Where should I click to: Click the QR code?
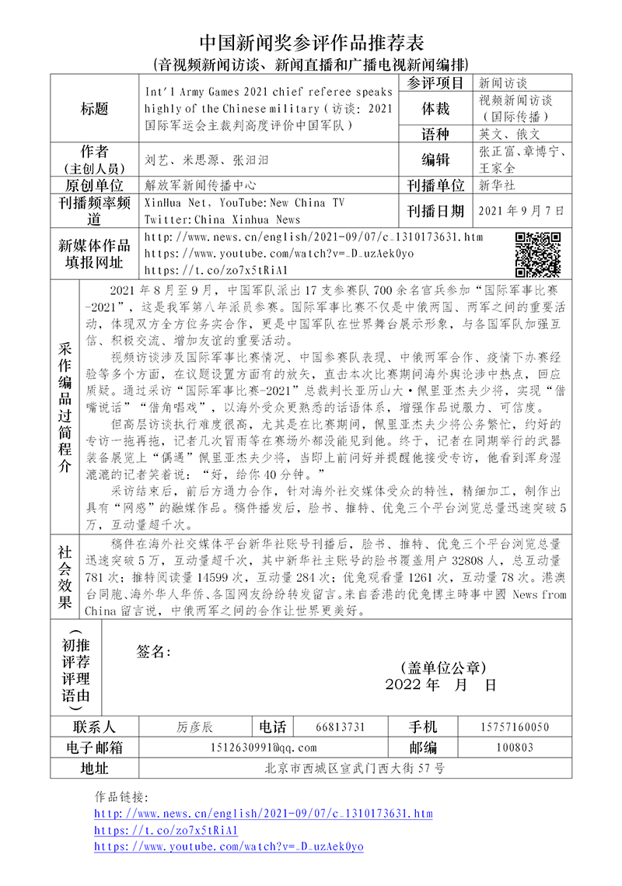538,254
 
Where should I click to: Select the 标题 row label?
94,108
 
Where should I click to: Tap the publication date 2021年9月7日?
522,211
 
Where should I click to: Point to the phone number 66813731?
341,727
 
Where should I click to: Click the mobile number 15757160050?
514,727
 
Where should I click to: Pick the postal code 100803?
514,748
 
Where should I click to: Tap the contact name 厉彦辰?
194,727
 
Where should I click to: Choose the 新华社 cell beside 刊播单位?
497,185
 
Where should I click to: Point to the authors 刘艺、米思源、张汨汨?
207,160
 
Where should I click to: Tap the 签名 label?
153,651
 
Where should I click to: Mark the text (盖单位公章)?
440,667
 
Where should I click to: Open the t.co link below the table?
166,830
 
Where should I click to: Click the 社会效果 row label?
65,577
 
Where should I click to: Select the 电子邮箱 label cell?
94,748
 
